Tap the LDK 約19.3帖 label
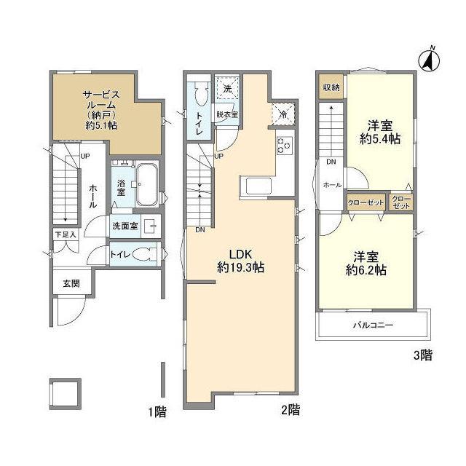(x=241, y=261)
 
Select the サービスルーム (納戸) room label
(x=101, y=110)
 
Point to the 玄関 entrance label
(x=71, y=283)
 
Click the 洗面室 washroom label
(x=125, y=226)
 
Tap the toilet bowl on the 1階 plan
(x=144, y=254)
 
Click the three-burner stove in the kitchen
(x=285, y=146)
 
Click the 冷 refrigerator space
(x=283, y=114)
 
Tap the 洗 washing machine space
(x=227, y=88)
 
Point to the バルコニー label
(x=373, y=325)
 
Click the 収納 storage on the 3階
(x=331, y=87)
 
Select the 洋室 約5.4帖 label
(x=380, y=132)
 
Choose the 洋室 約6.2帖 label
(x=366, y=264)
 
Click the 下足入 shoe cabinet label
(x=66, y=234)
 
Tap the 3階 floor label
(x=423, y=355)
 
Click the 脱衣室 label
(x=227, y=114)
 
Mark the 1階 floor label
(x=157, y=412)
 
